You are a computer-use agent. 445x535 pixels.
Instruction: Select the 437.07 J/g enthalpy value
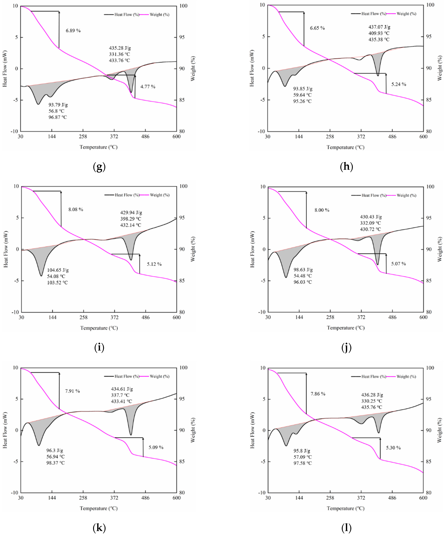tap(379, 27)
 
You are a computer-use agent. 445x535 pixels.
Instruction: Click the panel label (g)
tap(99, 167)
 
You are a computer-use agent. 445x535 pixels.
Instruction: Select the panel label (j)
tap(346, 347)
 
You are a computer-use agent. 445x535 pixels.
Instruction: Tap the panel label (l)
tap(346, 528)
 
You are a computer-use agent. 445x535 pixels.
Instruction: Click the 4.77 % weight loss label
tap(148, 87)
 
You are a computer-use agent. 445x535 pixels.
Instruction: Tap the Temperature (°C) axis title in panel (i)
tap(99, 328)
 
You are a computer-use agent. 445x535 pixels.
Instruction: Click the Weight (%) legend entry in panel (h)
tap(406, 14)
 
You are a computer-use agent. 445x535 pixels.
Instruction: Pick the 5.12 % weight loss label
tap(154, 264)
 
